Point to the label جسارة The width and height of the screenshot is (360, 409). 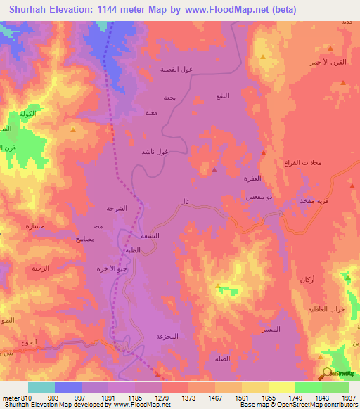pos(35,226)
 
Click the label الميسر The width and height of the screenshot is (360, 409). pos(270,330)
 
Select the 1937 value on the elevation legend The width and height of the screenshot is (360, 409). pos(348,398)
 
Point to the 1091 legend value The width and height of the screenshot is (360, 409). pos(108,398)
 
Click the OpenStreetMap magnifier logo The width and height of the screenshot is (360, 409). pos(326,375)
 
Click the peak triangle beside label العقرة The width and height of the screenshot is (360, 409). pos(214,169)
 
